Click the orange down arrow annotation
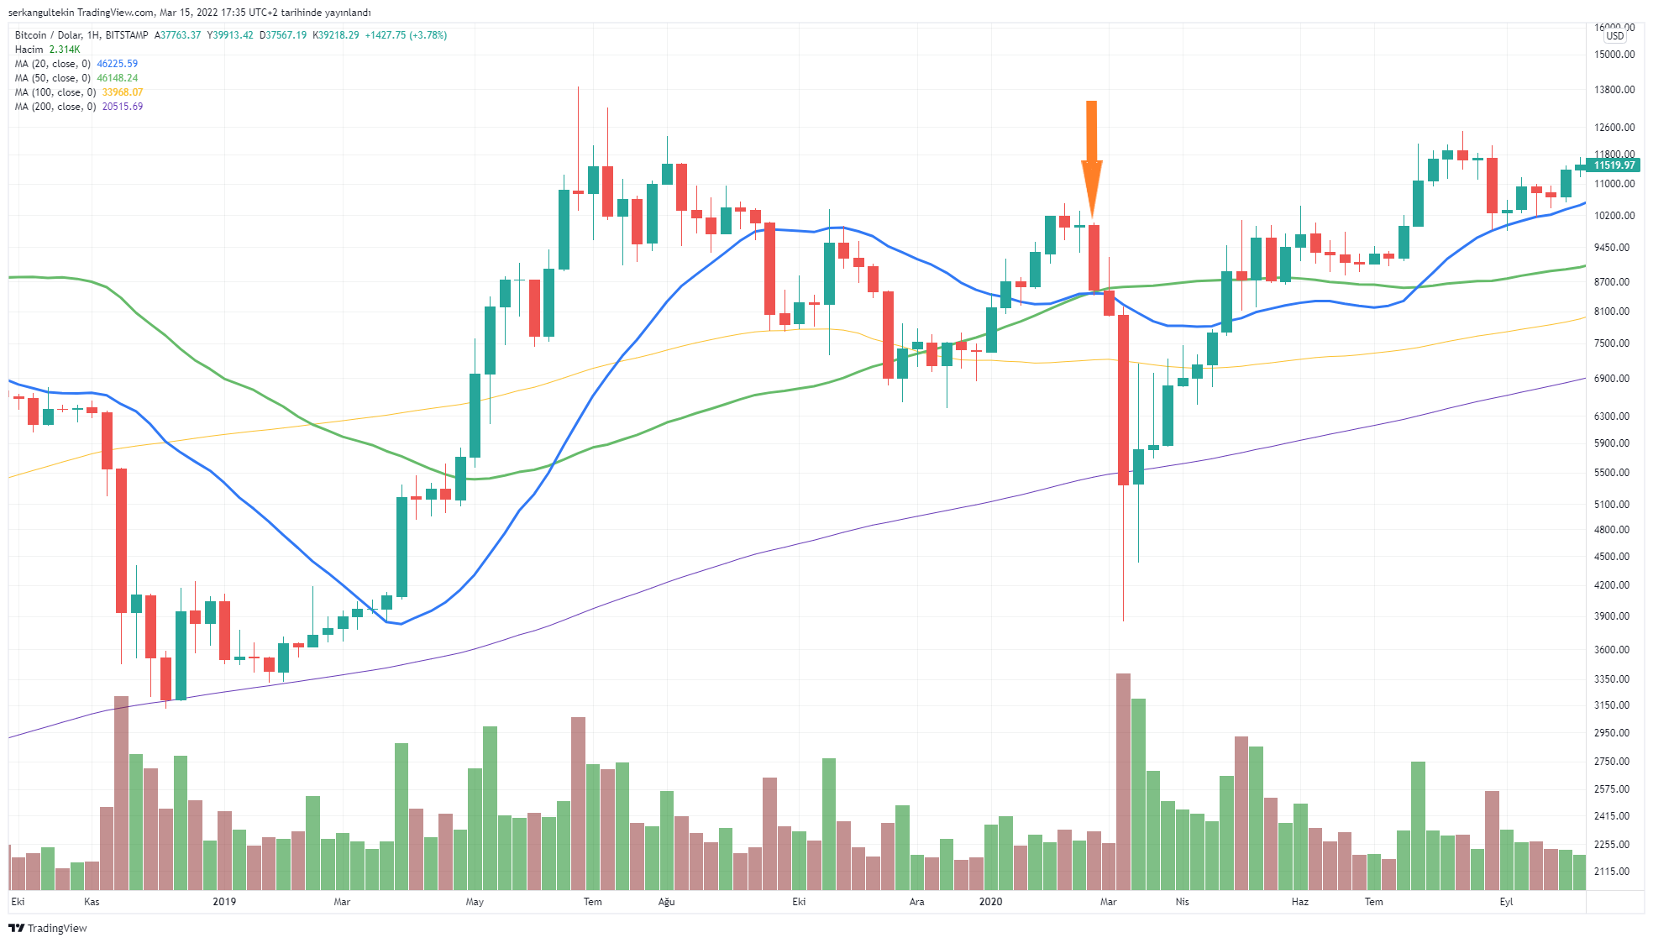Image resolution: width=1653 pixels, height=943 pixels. pyautogui.click(x=1091, y=160)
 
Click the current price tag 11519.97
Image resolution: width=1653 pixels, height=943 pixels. pyautogui.click(x=1615, y=165)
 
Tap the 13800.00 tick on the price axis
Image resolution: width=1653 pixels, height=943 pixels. pyautogui.click(x=1614, y=90)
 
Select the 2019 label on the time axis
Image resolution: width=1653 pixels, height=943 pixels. pyautogui.click(x=224, y=902)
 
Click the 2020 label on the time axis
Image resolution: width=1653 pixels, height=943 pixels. pyautogui.click(x=990, y=902)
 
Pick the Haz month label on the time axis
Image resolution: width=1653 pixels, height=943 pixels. pyautogui.click(x=1299, y=902)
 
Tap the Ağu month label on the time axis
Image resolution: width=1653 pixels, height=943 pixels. pyautogui.click(x=666, y=902)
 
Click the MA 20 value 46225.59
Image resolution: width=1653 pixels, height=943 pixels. pyautogui.click(x=118, y=64)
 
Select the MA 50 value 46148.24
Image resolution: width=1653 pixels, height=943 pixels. pyautogui.click(x=118, y=78)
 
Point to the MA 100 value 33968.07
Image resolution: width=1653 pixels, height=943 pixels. pyautogui.click(x=123, y=92)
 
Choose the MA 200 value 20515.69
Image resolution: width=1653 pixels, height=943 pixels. pyautogui.click(x=123, y=107)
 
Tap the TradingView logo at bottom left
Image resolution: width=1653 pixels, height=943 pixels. pyautogui.click(x=48, y=928)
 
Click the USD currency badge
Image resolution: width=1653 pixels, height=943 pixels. pyautogui.click(x=1615, y=36)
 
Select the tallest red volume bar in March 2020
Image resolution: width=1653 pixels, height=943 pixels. pyautogui.click(x=1123, y=781)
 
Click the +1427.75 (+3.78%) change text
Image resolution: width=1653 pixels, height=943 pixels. pyautogui.click(x=406, y=35)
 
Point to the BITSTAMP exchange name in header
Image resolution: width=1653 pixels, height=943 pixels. pyautogui.click(x=127, y=35)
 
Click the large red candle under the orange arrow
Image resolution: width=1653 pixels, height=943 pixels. pyautogui.click(x=1094, y=258)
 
